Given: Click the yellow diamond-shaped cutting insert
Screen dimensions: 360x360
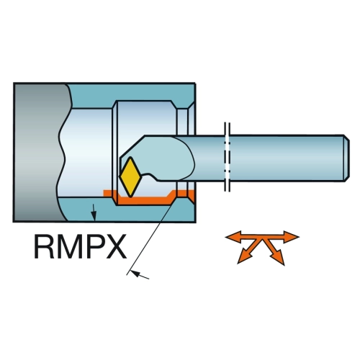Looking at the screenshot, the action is click(x=130, y=177).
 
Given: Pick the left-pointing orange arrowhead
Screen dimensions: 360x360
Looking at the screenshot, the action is click(x=233, y=237).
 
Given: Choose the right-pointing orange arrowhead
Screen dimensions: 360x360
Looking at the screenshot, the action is click(x=291, y=237).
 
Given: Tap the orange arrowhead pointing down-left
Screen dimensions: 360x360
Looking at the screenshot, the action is click(x=243, y=258).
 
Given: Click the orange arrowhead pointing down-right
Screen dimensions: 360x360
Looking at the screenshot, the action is click(x=278, y=258).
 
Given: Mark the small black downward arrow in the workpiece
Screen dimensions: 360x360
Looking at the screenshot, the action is click(x=94, y=212).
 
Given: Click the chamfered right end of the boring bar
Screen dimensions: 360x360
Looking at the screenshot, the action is click(x=346, y=158).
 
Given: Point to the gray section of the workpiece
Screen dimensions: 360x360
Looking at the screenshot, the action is click(x=40, y=152).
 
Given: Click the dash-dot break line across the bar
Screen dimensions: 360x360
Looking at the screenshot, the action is click(x=227, y=157).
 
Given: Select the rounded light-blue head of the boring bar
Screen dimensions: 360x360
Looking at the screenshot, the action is click(x=166, y=157).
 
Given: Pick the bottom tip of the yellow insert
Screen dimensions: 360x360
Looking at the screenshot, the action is click(x=130, y=197).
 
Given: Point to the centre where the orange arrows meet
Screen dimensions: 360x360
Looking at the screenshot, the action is click(x=262, y=239).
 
